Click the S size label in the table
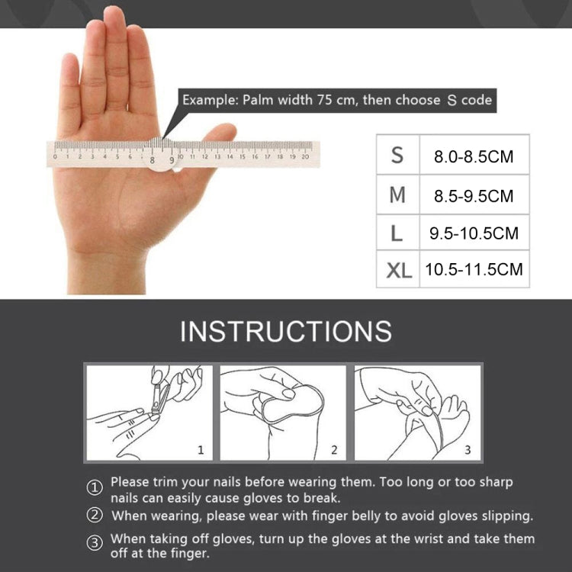tap(397, 156)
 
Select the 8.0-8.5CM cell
tap(473, 157)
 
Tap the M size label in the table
tap(397, 195)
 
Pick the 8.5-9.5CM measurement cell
tap(473, 196)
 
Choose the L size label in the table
tap(397, 233)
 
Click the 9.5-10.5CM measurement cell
tap(473, 233)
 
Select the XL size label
tap(397, 269)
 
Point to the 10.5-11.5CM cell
tap(474, 269)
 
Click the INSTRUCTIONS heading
tap(286, 331)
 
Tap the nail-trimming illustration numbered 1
tap(148, 413)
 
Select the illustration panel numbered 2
tap(283, 413)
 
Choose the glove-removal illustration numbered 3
tap(417, 413)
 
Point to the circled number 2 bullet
tap(95, 516)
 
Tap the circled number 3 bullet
tap(95, 543)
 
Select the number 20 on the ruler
tap(305, 156)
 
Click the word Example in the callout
tap(209, 100)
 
